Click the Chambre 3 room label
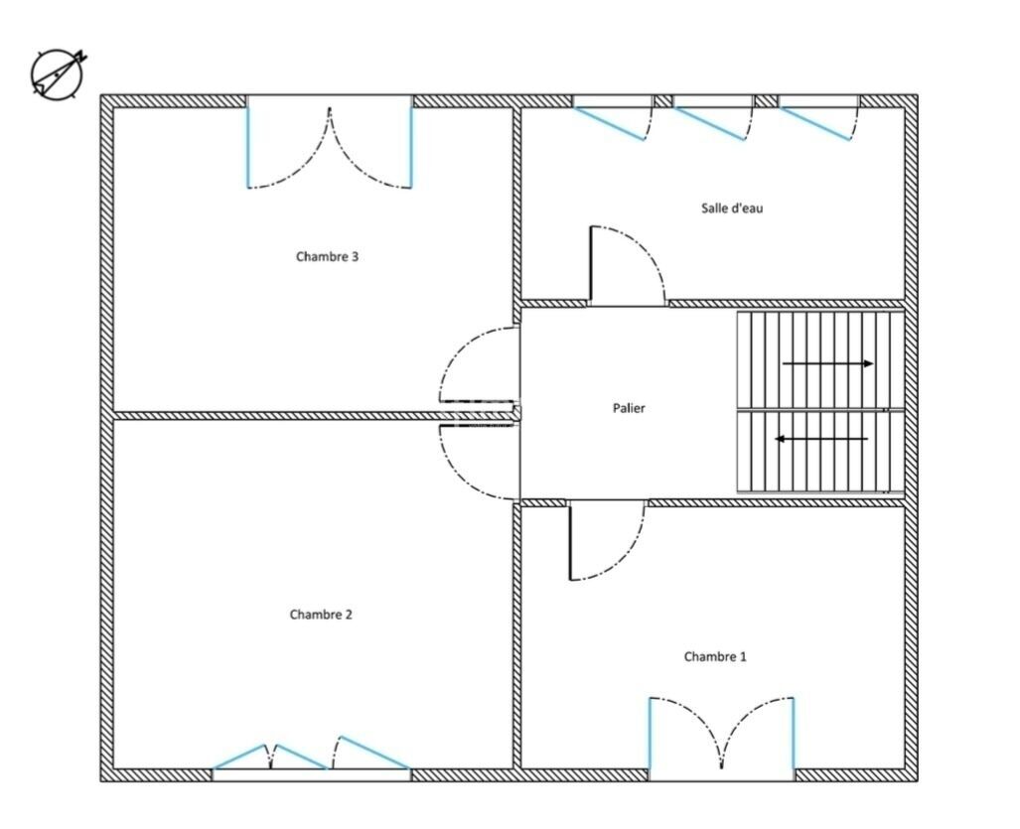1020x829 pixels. click(x=327, y=257)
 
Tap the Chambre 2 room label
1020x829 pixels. click(x=321, y=615)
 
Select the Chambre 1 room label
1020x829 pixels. click(x=715, y=656)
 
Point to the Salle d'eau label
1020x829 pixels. click(x=732, y=208)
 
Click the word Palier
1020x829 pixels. click(x=629, y=408)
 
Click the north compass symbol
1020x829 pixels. click(x=59, y=72)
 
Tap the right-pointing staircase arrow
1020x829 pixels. click(x=827, y=363)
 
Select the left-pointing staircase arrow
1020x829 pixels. click(x=821, y=439)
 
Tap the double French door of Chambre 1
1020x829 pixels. click(x=721, y=734)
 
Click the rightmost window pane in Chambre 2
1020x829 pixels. click(x=371, y=753)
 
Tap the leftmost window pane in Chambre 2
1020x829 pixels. click(x=240, y=757)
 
